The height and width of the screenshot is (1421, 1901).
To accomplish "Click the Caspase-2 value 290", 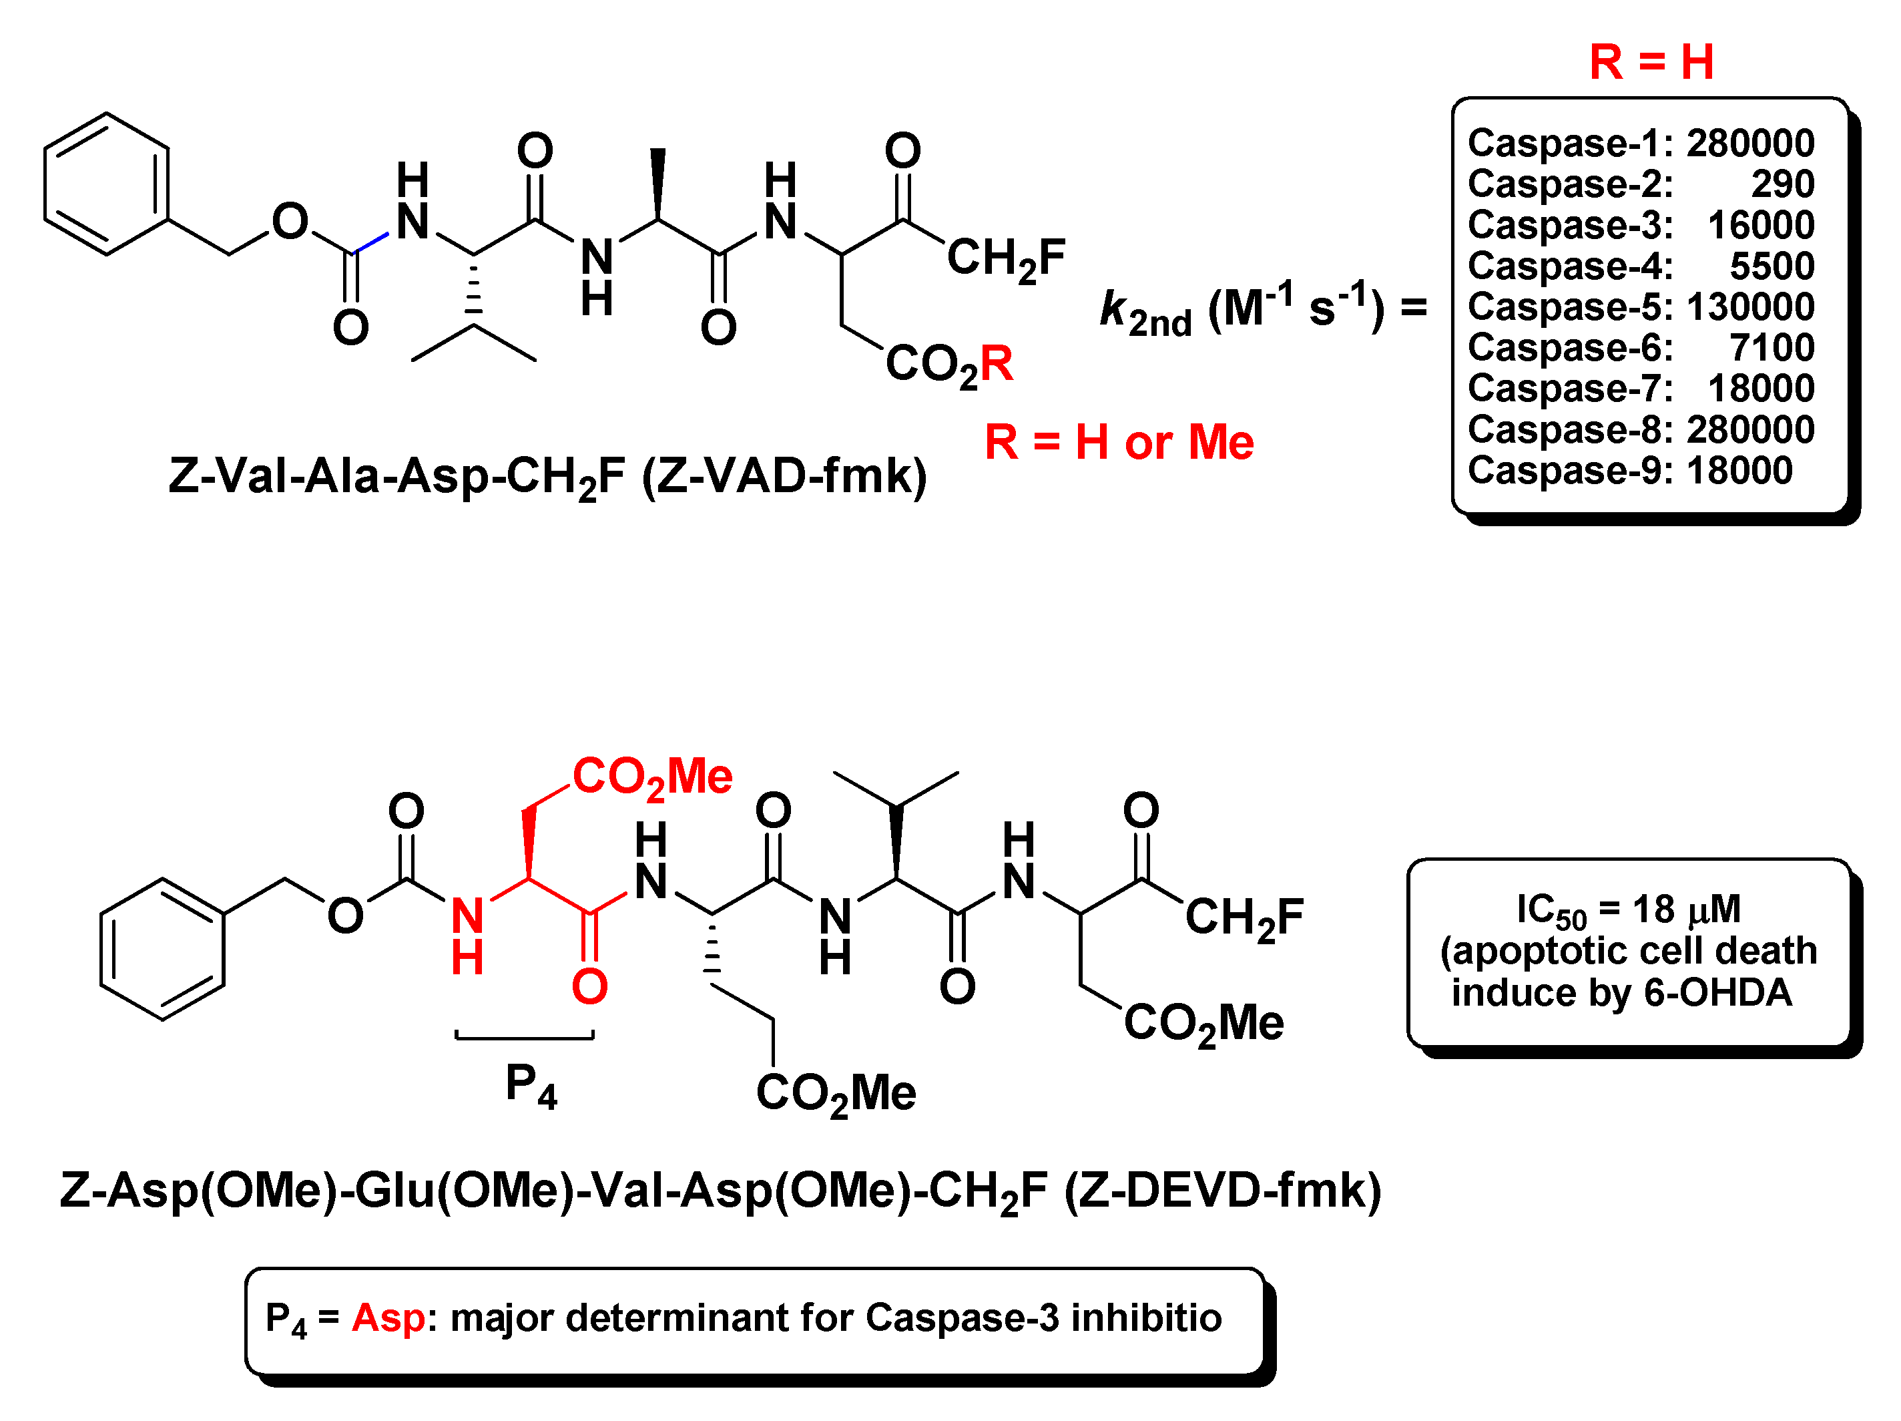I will point(1782,184).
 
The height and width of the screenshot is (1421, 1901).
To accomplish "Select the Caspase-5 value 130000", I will point(1749,307).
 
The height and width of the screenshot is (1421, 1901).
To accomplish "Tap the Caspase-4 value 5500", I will point(1772,266).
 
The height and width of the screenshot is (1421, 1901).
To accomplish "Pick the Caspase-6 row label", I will point(1569,347).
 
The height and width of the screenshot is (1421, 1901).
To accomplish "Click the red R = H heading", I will point(1651,63).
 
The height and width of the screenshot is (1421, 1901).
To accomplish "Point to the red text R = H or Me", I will point(1118,443).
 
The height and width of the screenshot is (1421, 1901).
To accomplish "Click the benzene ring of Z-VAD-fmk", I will point(107,184).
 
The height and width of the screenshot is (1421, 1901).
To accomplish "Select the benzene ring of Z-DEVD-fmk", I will point(162,949).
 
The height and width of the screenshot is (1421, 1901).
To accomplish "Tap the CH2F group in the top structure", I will point(1005,258).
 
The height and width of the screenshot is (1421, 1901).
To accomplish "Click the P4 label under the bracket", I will point(530,1085).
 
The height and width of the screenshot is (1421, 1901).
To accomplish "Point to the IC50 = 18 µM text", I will point(1628,909).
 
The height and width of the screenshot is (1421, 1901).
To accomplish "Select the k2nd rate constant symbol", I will point(1145,311).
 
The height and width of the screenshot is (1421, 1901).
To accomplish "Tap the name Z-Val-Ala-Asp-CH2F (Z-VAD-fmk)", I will point(547,476).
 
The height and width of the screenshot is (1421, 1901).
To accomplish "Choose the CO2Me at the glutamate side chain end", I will point(835,1094).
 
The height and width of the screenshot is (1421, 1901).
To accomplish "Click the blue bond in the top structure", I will point(371,242).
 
